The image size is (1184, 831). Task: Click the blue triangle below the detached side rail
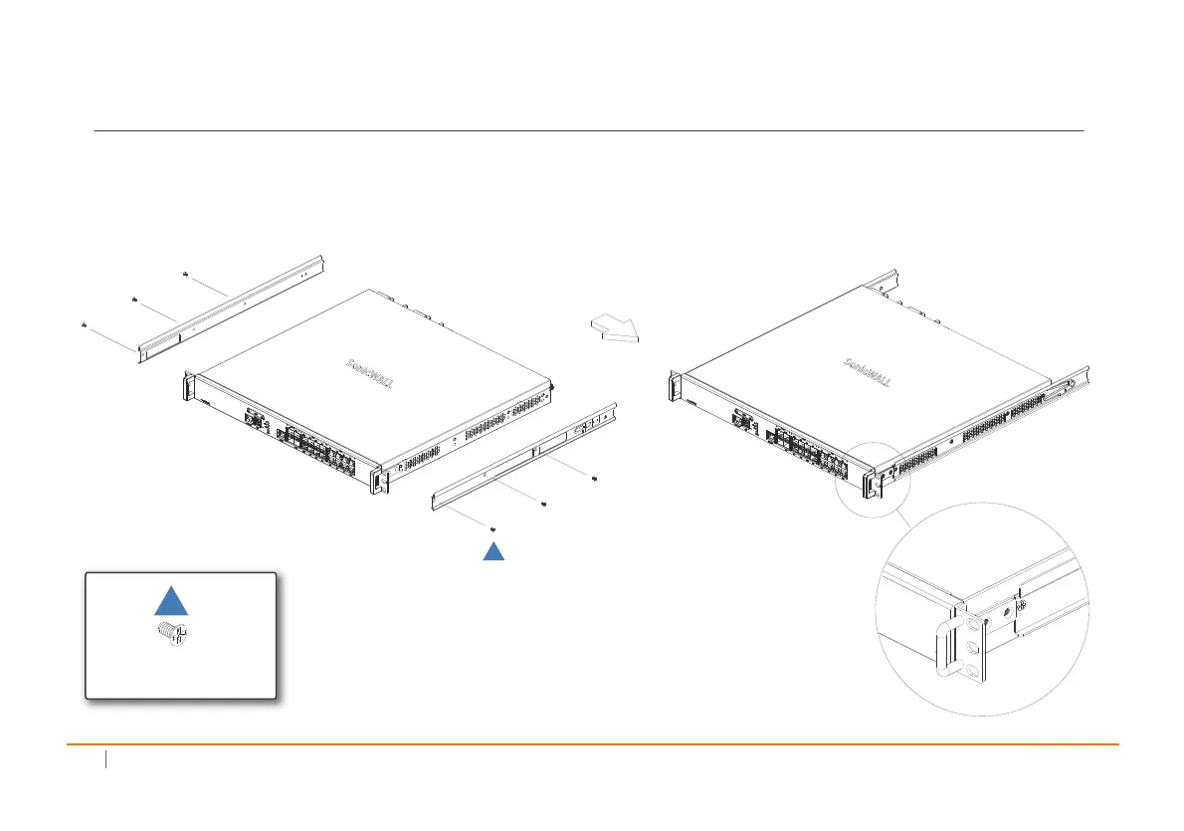(x=494, y=552)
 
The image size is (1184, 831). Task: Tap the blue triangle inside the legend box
(x=171, y=602)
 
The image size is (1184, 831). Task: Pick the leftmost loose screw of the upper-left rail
(x=85, y=324)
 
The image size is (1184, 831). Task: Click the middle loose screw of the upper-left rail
(x=132, y=298)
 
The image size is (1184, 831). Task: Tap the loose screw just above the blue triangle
(x=493, y=528)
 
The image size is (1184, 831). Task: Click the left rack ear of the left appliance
(x=186, y=385)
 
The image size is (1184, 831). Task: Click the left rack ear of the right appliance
(x=675, y=386)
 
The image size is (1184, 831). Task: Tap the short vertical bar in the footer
(x=104, y=761)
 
